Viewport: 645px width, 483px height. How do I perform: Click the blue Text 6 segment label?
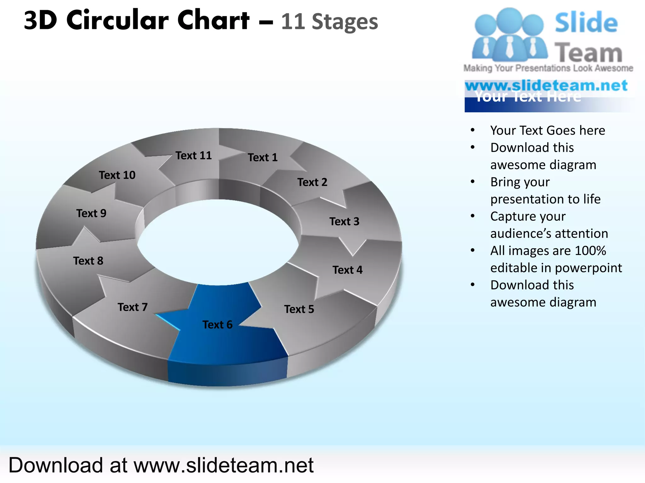(217, 325)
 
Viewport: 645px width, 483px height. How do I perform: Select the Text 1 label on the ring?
(263, 157)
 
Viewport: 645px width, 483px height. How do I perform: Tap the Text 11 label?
(194, 155)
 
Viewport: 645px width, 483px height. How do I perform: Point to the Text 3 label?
(344, 221)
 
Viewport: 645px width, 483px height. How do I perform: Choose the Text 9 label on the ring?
(91, 213)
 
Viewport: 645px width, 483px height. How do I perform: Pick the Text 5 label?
(299, 309)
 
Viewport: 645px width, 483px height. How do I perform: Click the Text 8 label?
(88, 261)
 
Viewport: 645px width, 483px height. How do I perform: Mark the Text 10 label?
(117, 175)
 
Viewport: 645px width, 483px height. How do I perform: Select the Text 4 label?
(347, 270)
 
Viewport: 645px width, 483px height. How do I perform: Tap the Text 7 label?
(133, 307)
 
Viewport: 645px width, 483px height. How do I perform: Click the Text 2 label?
(312, 182)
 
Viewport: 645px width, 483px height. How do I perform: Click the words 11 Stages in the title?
(329, 22)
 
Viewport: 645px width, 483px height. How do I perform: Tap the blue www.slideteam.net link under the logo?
(546, 86)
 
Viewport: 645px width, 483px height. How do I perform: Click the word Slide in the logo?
(586, 23)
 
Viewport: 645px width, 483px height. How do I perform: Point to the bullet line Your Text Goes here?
(547, 130)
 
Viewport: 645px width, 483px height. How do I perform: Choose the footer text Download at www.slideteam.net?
(161, 465)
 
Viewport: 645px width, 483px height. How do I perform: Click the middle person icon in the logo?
(509, 35)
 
